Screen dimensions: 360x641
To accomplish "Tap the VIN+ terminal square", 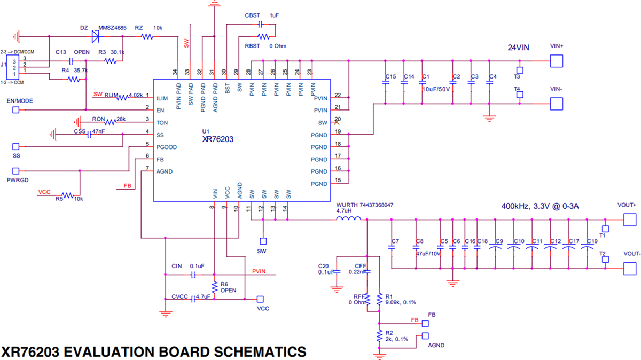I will click(557, 61).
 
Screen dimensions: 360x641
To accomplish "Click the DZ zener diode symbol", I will click(96, 36).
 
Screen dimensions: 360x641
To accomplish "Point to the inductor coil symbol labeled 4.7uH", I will click(348, 218).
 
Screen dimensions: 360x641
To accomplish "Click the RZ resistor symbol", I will click(147, 37).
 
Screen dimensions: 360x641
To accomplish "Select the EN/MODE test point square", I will click(15, 110).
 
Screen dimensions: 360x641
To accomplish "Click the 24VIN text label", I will click(519, 48).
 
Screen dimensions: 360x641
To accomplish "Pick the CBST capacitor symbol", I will click(260, 24).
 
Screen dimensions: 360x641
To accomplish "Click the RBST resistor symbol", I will click(263, 36).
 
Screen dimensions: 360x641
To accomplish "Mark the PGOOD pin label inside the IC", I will click(166, 147).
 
